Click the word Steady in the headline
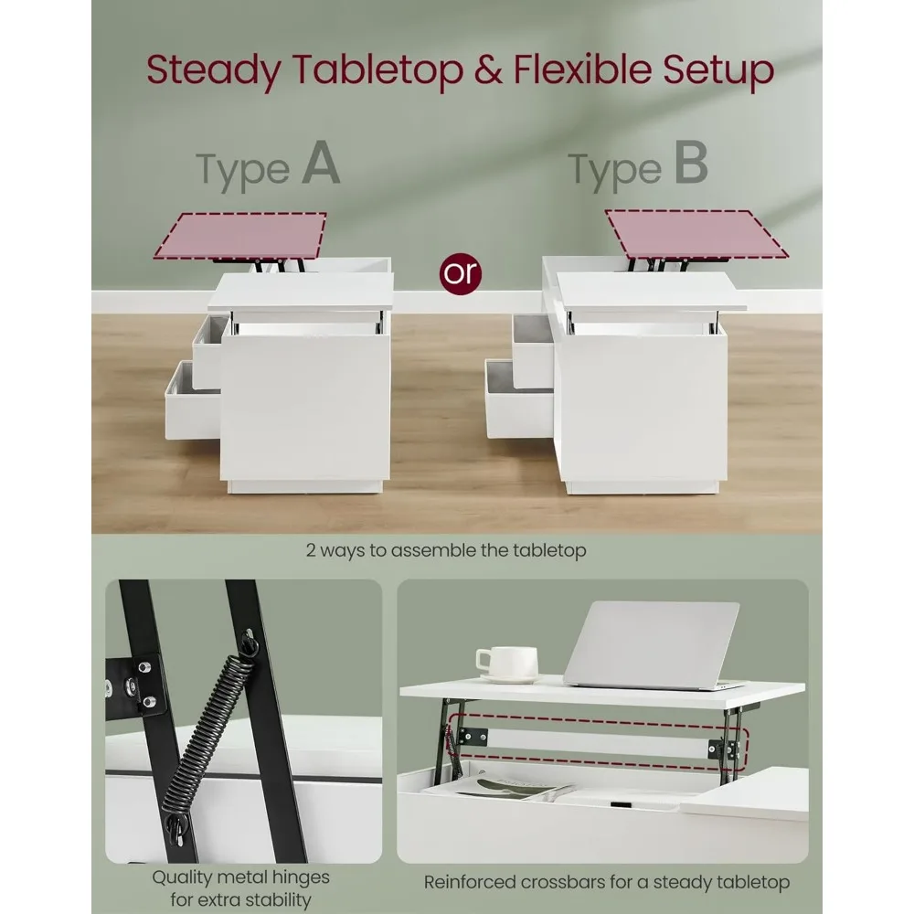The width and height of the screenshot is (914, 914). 213,70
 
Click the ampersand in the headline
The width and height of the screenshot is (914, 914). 488,69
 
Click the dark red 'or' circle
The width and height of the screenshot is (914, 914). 461,273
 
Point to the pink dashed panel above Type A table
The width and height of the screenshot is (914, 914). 239,236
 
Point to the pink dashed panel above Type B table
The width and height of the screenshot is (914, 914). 696,234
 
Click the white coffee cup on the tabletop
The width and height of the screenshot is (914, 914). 506,664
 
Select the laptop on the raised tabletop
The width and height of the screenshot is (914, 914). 652,646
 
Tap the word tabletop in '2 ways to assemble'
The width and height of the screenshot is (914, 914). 549,550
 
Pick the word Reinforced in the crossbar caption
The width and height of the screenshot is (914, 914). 470,882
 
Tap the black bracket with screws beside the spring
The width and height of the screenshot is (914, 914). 136,684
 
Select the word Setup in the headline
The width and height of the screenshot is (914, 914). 717,71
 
